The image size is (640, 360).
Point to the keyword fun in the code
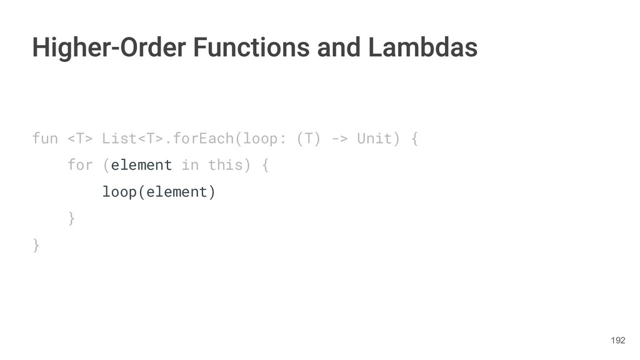(44, 138)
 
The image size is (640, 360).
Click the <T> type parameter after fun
(80, 138)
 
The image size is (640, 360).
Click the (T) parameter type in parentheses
(309, 138)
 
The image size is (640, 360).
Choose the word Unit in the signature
(374, 138)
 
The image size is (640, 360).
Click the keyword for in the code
(79, 165)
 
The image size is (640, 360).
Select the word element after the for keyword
(141, 165)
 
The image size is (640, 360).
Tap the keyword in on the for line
(189, 165)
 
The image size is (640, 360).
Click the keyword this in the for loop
(225, 165)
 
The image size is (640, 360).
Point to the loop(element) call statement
(159, 192)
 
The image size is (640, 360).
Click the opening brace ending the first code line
(414, 138)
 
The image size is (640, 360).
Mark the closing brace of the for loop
(71, 218)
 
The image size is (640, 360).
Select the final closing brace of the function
(36, 245)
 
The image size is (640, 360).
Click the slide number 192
(617, 340)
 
